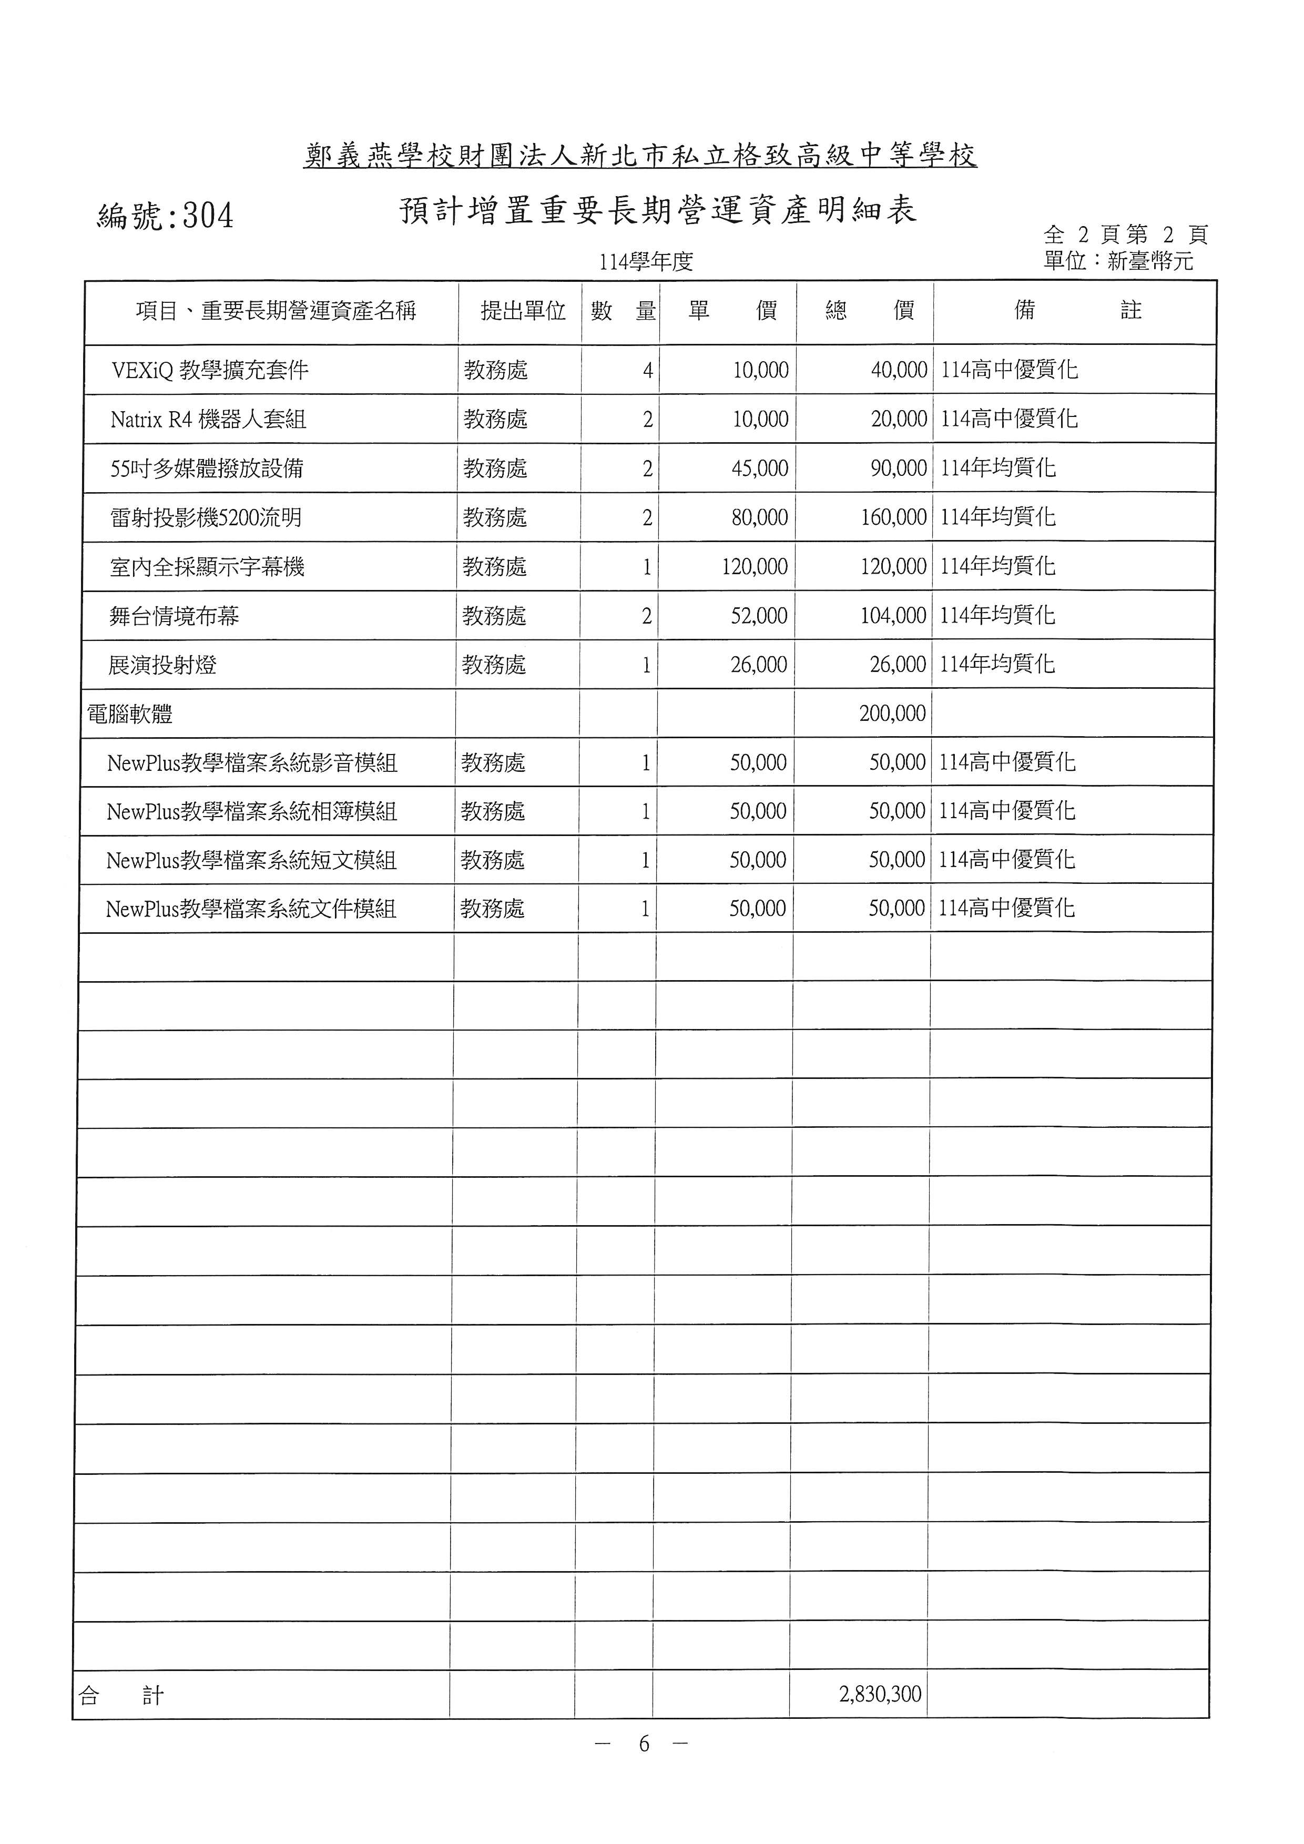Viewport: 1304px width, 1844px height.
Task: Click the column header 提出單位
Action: tap(523, 311)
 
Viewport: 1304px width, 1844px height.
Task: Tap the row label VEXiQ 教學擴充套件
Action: tap(210, 370)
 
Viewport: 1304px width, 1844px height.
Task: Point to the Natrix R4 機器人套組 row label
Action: tap(209, 419)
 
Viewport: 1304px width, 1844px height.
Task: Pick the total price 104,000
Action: tap(893, 616)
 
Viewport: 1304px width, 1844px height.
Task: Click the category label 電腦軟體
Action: tap(130, 714)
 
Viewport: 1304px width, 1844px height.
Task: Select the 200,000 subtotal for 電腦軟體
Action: tap(892, 713)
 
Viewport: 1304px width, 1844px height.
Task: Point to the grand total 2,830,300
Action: tap(880, 1694)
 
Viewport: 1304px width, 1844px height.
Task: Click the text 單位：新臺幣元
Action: tap(1118, 261)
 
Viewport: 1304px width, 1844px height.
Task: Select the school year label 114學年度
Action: tap(646, 262)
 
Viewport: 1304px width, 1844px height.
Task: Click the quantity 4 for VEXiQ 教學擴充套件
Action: tap(647, 370)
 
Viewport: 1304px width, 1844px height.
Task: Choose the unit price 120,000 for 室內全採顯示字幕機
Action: tap(754, 567)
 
